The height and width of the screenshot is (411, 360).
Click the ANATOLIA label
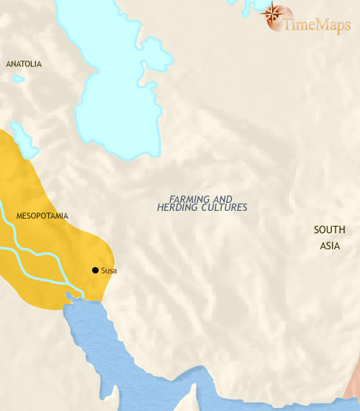point(24,64)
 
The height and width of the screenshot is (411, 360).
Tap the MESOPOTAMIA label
point(42,215)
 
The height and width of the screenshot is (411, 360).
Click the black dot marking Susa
point(95,270)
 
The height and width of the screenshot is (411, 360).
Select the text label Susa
point(109,271)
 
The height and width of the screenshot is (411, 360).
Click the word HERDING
point(180,207)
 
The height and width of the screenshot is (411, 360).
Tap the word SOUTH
point(330,230)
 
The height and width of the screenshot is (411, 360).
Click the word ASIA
point(330,246)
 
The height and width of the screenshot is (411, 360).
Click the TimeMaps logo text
point(317,24)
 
